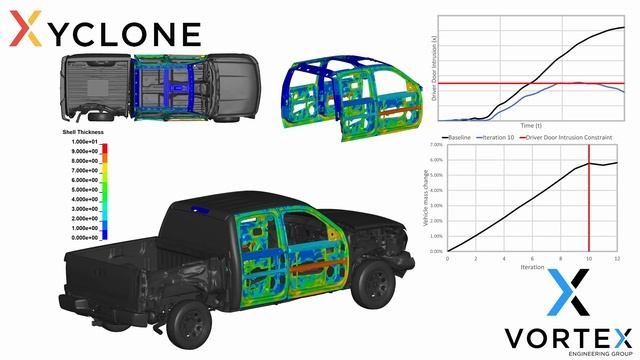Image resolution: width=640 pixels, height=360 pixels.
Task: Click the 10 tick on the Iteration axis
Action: click(x=589, y=258)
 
